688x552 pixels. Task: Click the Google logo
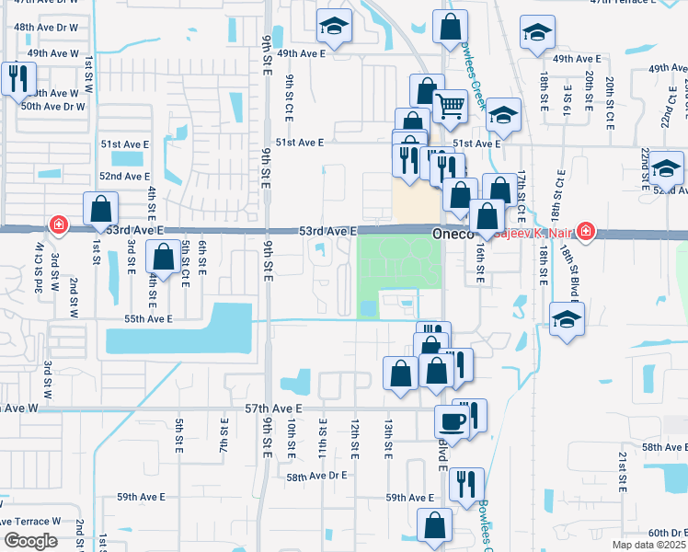coord(30,541)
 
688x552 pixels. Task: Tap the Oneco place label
coord(453,236)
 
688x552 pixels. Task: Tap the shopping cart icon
coord(449,106)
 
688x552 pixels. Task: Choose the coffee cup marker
coord(452,420)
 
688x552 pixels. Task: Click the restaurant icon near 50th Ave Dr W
coord(16,79)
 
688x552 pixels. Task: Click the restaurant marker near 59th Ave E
coord(466,483)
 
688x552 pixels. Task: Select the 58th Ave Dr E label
coord(316,477)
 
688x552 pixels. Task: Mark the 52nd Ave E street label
coord(124,176)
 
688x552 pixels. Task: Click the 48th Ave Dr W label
coord(47,28)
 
